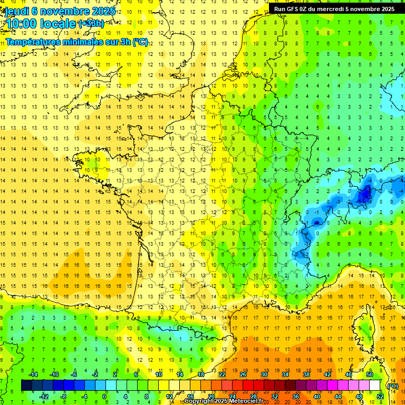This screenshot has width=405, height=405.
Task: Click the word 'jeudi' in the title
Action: (17, 11)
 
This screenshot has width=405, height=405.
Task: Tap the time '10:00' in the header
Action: (22, 24)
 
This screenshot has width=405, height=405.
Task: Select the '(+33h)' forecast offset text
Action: (91, 24)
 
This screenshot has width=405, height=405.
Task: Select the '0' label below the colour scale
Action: (104, 397)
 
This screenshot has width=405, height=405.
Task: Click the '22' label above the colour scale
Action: (222, 374)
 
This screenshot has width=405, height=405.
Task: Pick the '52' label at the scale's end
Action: (380, 397)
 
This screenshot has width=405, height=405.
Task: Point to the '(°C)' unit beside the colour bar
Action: (392, 385)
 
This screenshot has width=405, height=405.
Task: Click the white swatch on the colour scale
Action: (375, 385)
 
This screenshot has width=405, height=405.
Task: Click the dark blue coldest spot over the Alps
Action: (363, 196)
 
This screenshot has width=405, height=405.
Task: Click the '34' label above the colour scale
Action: (285, 374)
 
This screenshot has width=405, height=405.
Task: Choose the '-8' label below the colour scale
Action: (64, 397)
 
